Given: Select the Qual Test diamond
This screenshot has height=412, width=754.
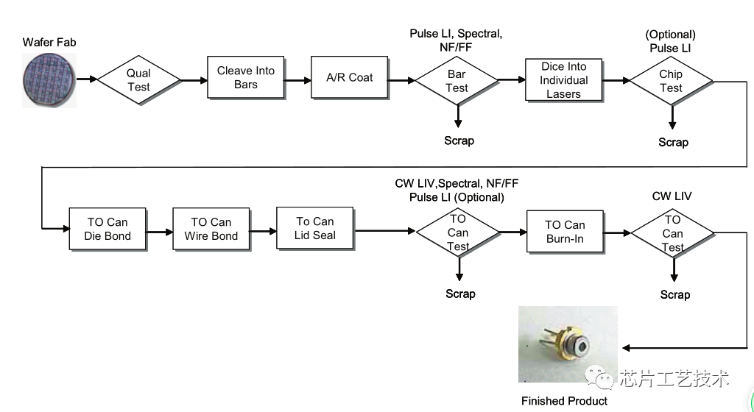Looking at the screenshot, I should coord(138,79).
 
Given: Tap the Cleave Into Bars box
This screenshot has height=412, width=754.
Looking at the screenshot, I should coord(246,77).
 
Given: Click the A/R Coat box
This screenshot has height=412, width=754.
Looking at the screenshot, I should coord(350,77).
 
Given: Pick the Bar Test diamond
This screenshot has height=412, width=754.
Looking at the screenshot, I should coord(457,80).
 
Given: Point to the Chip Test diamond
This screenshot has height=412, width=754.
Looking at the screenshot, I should coord(671,81).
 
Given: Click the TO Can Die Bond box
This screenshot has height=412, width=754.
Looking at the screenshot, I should coord(108,229).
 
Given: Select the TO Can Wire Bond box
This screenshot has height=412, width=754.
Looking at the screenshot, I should coord(211,229).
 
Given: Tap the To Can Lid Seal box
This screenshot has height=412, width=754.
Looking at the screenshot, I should coord(315,228).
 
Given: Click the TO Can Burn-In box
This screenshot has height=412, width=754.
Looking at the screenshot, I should coord(565,232).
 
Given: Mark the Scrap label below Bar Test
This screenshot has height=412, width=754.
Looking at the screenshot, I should coord(459,141).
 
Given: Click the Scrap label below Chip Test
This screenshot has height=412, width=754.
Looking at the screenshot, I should coord(673,142).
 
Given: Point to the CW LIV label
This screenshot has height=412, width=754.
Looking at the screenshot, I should coord(672,196).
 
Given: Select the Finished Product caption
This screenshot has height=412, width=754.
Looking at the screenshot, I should coord(565,401).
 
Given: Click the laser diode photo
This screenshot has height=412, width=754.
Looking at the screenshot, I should coord(567,344).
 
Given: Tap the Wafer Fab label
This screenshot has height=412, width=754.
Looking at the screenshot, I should coord(49,43).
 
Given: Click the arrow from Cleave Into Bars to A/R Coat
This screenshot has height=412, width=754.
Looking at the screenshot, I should coord(297,78).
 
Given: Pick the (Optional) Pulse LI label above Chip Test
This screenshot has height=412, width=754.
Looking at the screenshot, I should coord(671,41).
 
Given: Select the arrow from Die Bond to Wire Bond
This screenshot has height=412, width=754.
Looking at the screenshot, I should coord(158,230).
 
